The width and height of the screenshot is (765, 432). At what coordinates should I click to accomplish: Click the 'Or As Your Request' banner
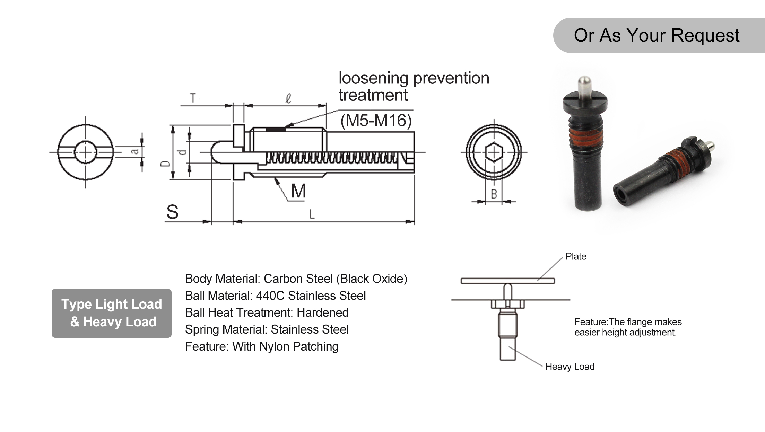point(657,35)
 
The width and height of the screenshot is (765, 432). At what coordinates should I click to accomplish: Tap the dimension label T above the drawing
point(193,98)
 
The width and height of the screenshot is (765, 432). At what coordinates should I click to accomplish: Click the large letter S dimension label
point(172,212)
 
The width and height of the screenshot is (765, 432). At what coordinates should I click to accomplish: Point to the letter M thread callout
point(298,191)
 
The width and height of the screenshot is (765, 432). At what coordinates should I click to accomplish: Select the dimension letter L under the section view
point(312,214)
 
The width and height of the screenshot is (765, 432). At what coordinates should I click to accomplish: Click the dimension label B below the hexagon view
point(494,194)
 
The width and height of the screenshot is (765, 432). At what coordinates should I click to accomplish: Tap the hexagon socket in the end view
point(494,152)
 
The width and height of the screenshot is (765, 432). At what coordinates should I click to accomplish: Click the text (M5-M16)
point(376,121)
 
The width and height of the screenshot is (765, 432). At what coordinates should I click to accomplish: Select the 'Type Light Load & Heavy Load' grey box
point(112,313)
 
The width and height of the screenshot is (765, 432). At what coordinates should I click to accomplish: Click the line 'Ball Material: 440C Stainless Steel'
point(275,296)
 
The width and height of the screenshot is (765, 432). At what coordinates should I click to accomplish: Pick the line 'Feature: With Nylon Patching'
point(262,346)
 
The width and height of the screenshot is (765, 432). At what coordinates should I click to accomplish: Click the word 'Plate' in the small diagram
point(576,256)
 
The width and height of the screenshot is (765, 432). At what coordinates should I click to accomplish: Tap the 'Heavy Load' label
point(570,367)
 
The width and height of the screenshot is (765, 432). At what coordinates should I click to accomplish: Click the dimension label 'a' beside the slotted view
point(135,151)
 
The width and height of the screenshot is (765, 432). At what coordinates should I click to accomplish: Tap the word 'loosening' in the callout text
point(373,78)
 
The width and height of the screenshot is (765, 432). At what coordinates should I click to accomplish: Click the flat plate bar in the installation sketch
point(507,281)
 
